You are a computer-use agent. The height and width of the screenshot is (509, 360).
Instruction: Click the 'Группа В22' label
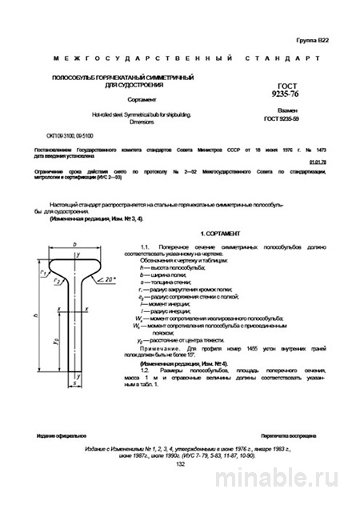(311, 38)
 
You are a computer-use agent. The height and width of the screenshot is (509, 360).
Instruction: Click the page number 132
(180, 485)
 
